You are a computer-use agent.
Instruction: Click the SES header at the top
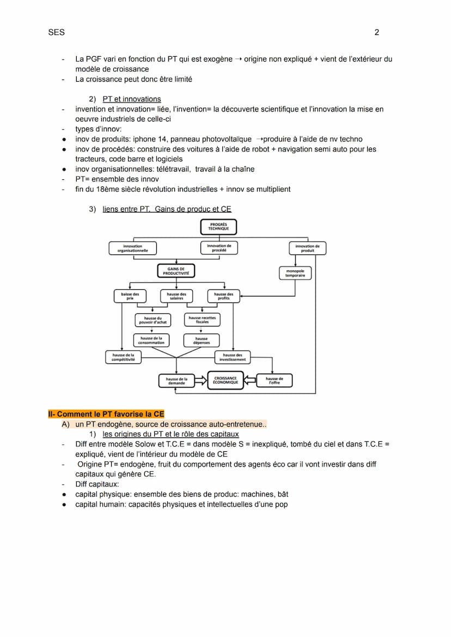coord(56,32)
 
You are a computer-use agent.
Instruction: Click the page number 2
coord(376,32)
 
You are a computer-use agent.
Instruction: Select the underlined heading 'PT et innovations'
coord(131,99)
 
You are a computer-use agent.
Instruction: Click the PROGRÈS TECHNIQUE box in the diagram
coord(218,227)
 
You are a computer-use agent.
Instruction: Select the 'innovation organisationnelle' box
coord(132,248)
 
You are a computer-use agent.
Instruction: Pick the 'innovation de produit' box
coord(307,248)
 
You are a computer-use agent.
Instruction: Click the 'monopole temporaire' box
coord(295,273)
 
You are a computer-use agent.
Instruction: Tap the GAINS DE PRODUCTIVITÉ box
coord(176,271)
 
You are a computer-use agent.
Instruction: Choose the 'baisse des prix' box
coord(130,296)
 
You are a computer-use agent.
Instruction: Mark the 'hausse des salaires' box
coord(176,296)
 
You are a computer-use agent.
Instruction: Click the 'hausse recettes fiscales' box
coord(202,320)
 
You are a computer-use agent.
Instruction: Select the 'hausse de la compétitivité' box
coord(123,357)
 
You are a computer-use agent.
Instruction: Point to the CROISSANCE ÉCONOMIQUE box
coord(225,380)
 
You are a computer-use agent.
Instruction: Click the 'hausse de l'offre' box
coord(274,380)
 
